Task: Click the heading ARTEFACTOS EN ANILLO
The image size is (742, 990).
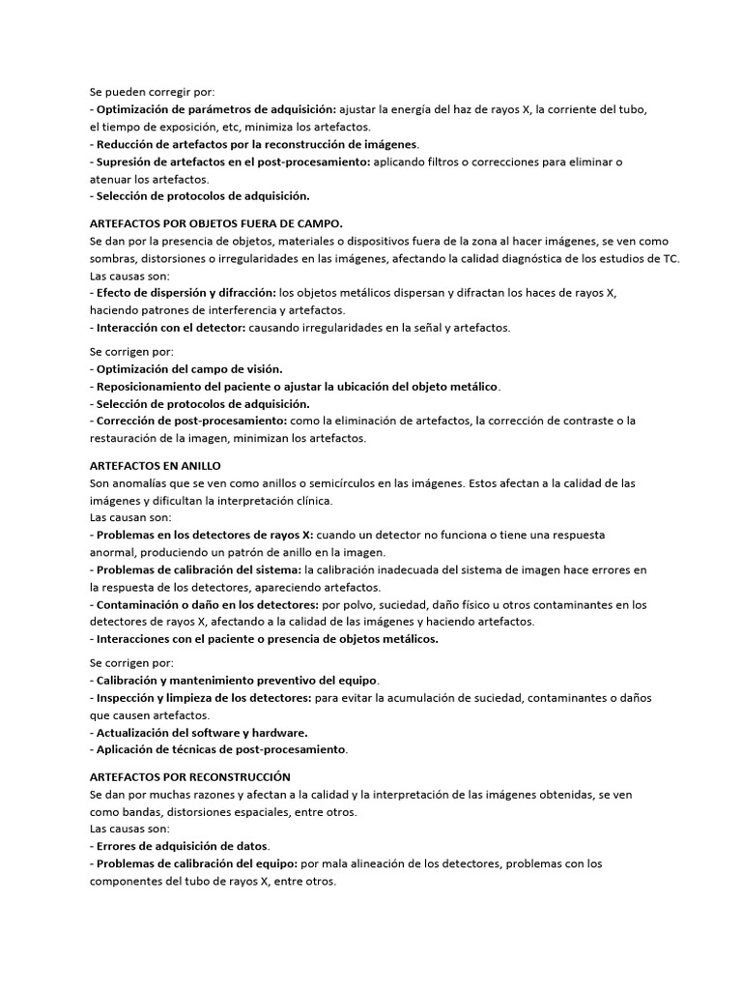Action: click(x=155, y=465)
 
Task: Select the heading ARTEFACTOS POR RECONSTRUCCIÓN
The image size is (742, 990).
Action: click(x=189, y=776)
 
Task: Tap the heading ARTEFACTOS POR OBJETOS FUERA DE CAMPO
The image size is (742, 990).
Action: click(x=215, y=222)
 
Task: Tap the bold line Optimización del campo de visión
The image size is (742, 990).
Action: click(x=188, y=369)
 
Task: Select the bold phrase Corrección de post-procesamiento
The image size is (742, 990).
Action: click(x=190, y=421)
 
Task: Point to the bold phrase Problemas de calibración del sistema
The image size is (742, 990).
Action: click(x=198, y=569)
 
